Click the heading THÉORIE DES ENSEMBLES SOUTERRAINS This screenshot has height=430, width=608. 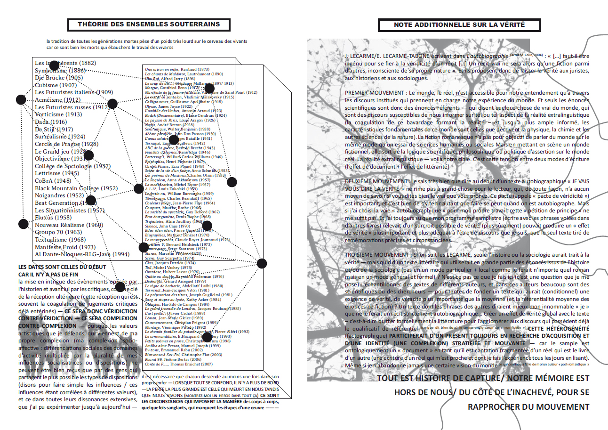(x=149, y=24)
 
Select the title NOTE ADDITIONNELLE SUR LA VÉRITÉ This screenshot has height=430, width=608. (x=459, y=24)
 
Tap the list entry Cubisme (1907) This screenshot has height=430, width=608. (x=56, y=85)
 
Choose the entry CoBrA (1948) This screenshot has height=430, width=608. (x=53, y=181)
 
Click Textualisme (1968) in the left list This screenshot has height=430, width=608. (x=58, y=240)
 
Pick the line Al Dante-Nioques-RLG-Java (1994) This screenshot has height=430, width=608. (x=82, y=254)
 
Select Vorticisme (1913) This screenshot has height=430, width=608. (x=58, y=114)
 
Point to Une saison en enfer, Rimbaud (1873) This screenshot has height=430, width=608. (x=177, y=69)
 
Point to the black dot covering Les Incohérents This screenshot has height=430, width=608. (x=54, y=65)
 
